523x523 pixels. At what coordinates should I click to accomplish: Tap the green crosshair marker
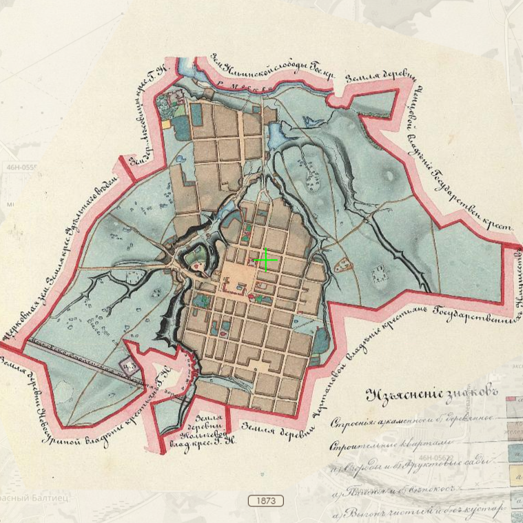266,260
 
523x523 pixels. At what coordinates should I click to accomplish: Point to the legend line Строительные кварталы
386,443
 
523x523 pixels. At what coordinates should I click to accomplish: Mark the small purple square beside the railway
128,363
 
